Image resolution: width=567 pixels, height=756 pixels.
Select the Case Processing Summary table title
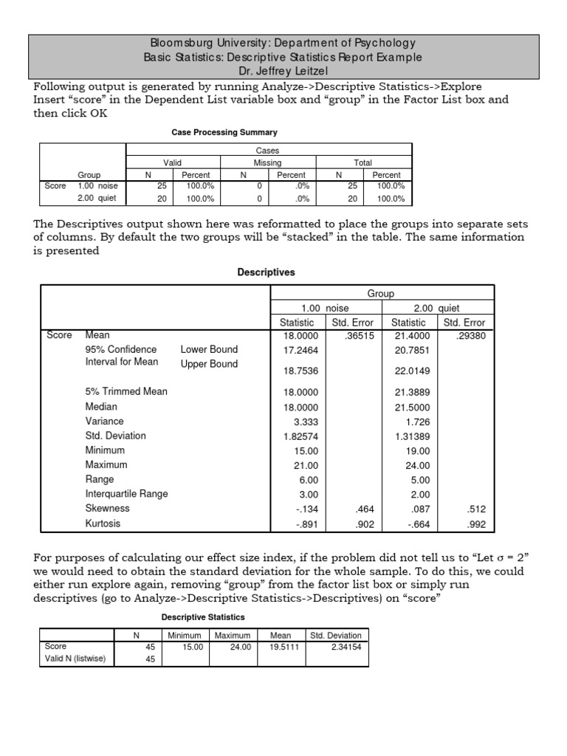pos(224,132)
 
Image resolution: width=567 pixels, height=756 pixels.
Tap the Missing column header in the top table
pos(267,162)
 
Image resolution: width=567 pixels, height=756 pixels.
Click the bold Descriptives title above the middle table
pos(265,272)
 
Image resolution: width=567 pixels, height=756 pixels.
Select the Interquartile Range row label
pos(126,494)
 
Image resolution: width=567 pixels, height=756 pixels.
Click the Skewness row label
pos(107,509)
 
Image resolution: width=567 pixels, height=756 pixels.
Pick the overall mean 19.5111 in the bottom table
pos(280,647)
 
